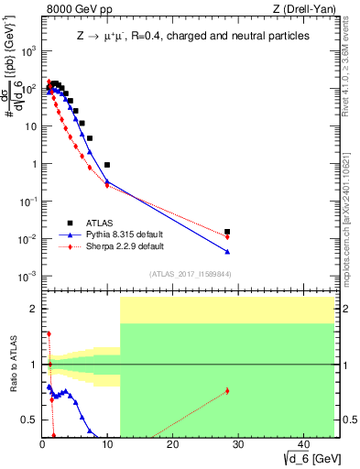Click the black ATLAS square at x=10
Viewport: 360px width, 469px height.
[x=107, y=165]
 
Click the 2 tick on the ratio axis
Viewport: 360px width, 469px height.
[x=35, y=309]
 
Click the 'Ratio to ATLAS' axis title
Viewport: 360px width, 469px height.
[x=12, y=365]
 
